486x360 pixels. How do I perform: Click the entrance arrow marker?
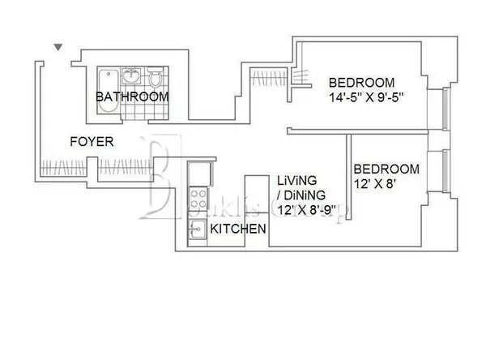click(x=58, y=49)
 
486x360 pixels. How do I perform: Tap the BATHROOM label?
click(x=132, y=96)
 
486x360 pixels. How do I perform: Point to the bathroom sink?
click(x=132, y=79)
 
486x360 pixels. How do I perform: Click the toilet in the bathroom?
click(x=155, y=79)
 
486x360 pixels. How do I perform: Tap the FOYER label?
click(x=92, y=142)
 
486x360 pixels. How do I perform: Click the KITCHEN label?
click(x=238, y=229)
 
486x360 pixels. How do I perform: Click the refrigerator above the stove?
click(x=197, y=174)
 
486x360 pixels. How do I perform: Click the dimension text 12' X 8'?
click(x=376, y=184)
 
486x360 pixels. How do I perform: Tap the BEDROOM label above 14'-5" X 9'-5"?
click(x=360, y=82)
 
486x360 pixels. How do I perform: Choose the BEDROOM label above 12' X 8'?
click(x=386, y=169)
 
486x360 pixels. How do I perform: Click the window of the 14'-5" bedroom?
click(x=445, y=109)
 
